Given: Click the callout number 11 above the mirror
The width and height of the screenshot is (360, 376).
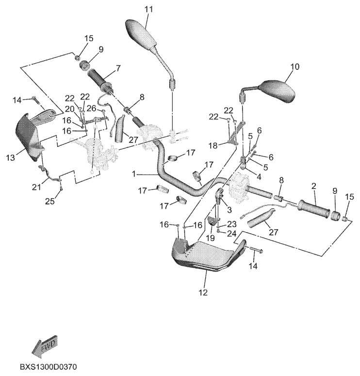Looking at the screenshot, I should [x=148, y=9].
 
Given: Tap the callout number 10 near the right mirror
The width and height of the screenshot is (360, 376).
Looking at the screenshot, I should [x=295, y=67].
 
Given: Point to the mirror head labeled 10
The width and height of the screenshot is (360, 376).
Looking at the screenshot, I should [x=278, y=92].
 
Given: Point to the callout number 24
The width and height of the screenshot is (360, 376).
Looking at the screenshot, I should [x=231, y=234].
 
